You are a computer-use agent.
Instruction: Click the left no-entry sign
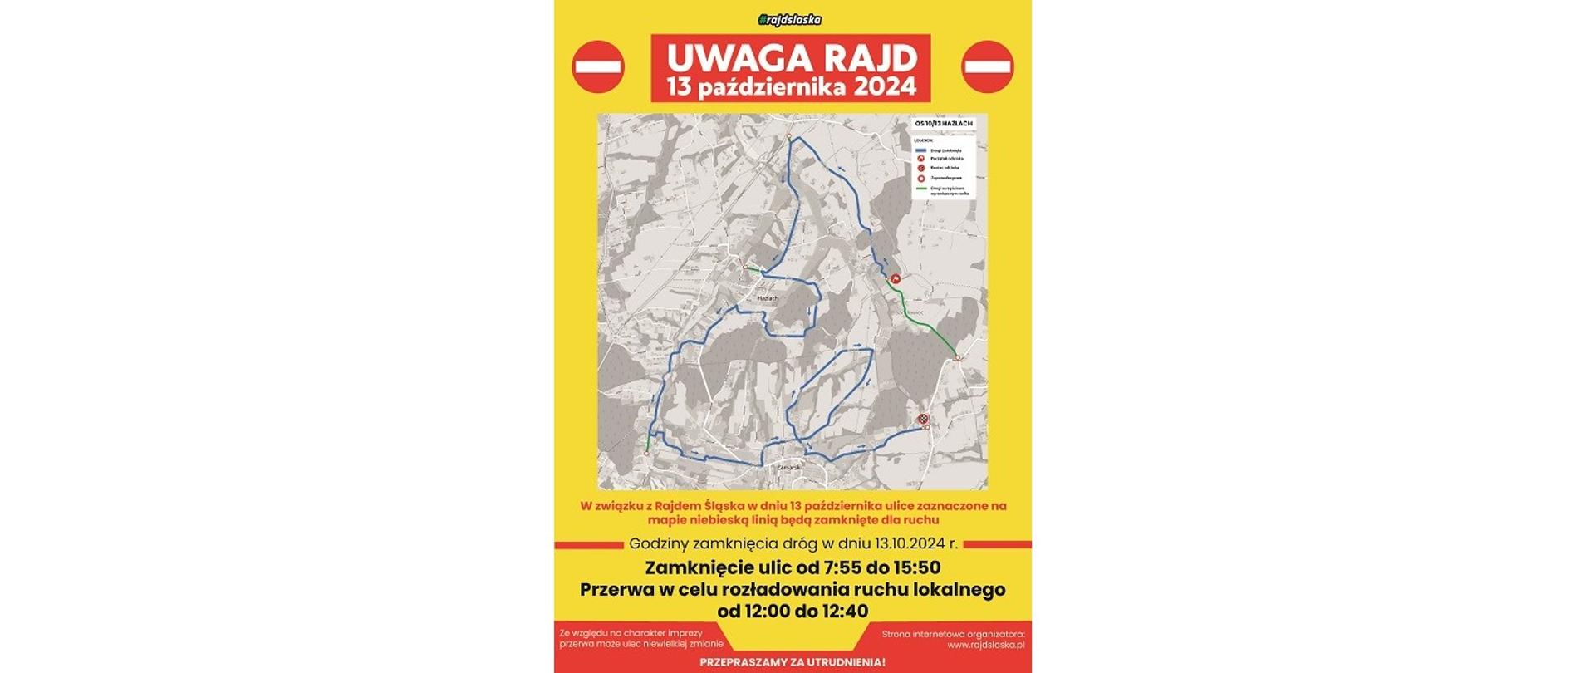click(598, 66)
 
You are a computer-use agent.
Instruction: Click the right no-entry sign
click(987, 66)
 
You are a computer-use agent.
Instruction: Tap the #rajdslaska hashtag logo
click(791, 20)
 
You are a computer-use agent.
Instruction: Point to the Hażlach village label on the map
click(768, 297)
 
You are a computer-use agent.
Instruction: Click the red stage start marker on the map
click(896, 279)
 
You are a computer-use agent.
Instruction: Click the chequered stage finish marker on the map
click(922, 420)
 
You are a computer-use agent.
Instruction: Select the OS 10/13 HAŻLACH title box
click(943, 124)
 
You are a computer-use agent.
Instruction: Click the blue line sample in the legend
click(921, 150)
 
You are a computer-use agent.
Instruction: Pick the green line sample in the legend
click(921, 189)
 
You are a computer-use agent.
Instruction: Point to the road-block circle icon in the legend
click(921, 178)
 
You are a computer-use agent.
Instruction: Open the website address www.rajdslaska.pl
click(986, 644)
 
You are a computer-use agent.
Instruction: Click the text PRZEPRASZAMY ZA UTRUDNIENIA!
click(793, 662)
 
